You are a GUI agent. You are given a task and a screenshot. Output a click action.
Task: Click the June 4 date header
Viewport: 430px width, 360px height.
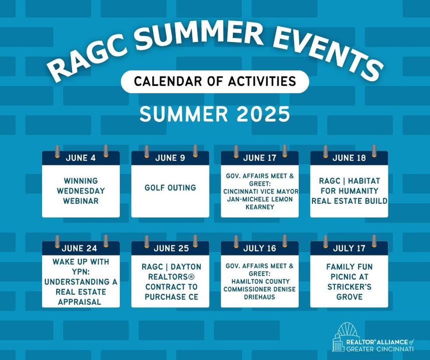point(81,158)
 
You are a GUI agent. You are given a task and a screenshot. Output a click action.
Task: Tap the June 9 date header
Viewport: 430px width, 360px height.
point(170,158)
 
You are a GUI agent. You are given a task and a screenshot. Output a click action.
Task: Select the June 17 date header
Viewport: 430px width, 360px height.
point(259,158)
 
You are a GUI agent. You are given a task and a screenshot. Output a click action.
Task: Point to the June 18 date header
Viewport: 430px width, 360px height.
point(349,158)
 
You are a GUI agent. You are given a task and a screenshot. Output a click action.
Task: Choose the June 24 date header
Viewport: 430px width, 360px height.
point(79,248)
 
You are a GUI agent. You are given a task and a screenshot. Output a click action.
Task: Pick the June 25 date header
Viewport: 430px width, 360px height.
point(171,248)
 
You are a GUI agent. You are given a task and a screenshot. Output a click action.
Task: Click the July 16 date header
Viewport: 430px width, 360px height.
point(259,248)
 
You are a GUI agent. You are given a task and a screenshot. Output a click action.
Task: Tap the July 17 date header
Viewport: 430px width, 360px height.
point(349,248)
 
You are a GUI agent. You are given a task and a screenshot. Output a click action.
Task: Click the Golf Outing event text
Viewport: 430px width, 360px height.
point(170,187)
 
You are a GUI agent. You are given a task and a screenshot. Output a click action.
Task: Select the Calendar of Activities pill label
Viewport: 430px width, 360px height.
point(215,81)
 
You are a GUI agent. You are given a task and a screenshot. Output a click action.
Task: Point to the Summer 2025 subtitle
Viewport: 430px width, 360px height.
point(215,114)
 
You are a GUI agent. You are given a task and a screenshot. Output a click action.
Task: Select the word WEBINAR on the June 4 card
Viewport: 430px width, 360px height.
point(81,201)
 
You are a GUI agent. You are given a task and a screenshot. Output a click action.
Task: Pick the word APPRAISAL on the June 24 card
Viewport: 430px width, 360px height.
point(80,302)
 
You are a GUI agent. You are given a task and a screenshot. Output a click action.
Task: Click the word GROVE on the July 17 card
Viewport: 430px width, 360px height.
point(349,296)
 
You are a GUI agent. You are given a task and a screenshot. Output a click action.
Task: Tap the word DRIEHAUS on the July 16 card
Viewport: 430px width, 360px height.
point(259,296)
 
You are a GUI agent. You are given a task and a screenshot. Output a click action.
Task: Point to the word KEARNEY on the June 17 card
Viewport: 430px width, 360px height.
point(260,207)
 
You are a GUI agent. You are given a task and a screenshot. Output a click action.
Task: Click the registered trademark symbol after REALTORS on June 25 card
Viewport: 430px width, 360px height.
point(191,277)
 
